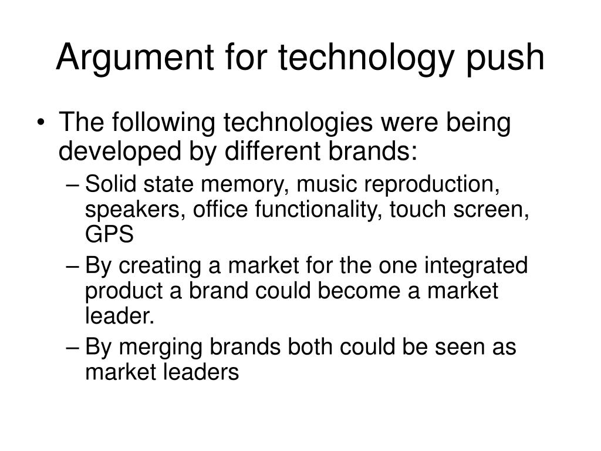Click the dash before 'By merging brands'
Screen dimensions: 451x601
(73, 347)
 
